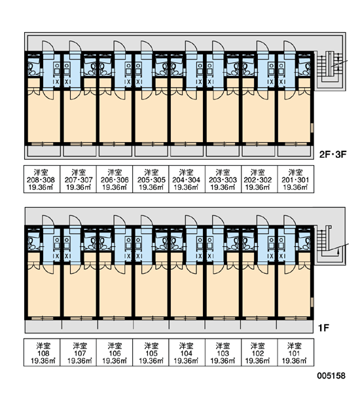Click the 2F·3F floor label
click(333, 154)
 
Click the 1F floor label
click(324, 327)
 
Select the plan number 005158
click(331, 375)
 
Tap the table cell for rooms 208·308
click(42, 179)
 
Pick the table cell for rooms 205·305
click(151, 179)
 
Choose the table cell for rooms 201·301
click(296, 179)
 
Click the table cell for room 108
click(42, 352)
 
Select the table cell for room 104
click(187, 352)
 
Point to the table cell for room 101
click(296, 352)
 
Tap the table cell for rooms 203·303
click(223, 179)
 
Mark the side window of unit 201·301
click(312, 128)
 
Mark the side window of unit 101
click(312, 301)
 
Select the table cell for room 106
click(115, 352)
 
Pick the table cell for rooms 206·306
click(115, 179)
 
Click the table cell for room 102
click(260, 352)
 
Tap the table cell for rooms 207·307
click(78, 179)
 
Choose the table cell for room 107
click(78, 352)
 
